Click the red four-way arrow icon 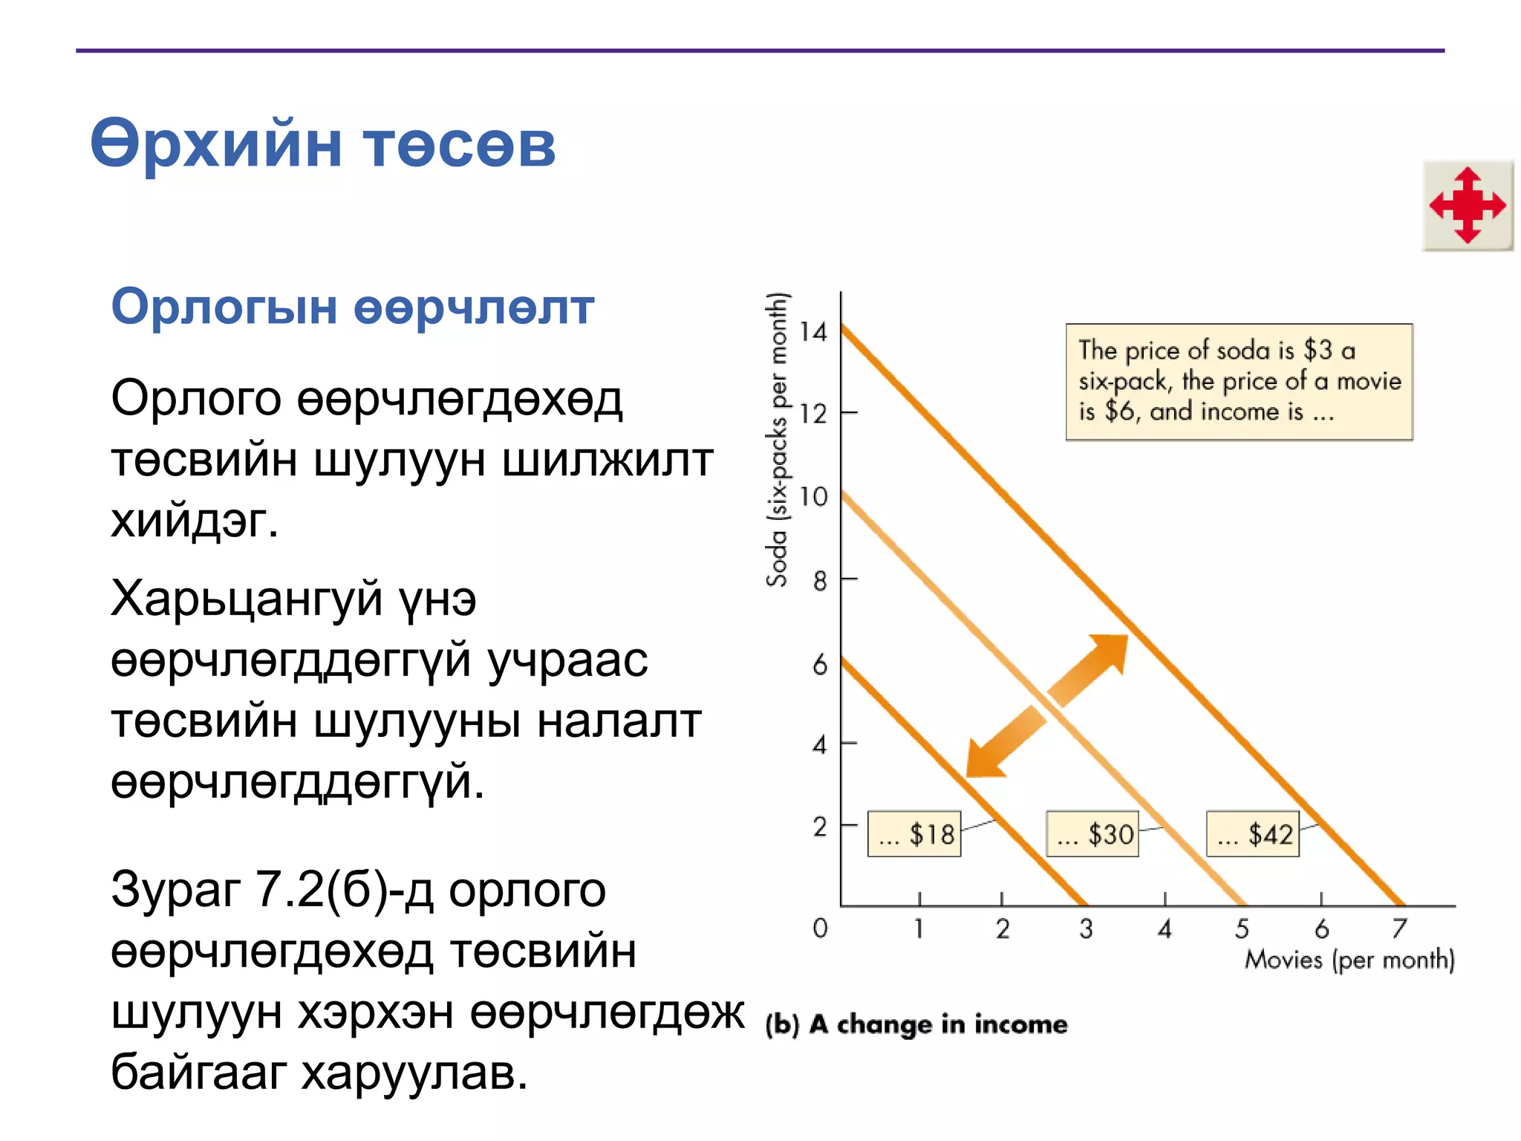[1468, 205]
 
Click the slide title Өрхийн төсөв [322, 144]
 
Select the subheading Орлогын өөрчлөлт [352, 307]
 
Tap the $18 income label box [914, 834]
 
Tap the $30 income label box [1092, 834]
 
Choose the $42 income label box [1253, 834]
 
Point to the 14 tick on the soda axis [813, 331]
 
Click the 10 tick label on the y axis [813, 496]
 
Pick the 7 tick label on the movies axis [1399, 929]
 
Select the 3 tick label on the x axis [1086, 929]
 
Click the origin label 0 [820, 928]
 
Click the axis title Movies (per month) [1349, 960]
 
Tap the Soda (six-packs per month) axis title [777, 440]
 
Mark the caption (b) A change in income [916, 1024]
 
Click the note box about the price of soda [1239, 382]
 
